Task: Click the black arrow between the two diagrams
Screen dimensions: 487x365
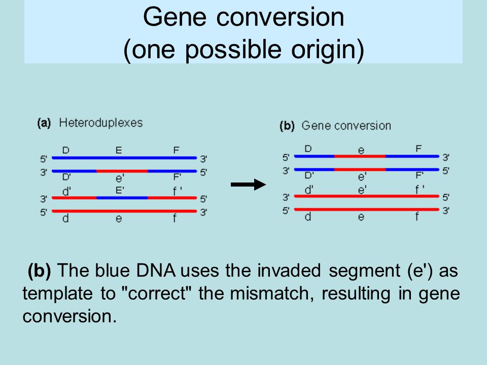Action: point(248,185)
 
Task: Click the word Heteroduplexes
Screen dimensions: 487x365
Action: point(100,123)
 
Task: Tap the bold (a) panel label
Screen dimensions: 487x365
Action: point(44,123)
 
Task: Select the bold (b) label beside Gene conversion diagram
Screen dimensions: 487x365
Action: point(287,126)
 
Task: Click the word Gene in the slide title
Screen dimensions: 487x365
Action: point(175,17)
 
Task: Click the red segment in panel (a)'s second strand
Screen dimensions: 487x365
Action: point(122,171)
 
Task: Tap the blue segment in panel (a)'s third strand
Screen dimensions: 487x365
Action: point(122,198)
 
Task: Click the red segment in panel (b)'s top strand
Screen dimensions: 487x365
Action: point(360,156)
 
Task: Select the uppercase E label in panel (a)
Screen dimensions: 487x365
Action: point(119,151)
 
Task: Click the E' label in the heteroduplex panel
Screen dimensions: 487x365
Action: point(120,190)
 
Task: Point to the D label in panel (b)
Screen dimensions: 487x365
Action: point(308,149)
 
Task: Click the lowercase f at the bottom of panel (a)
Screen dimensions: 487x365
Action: point(175,218)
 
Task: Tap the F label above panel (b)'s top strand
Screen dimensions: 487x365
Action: point(419,149)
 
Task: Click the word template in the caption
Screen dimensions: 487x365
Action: point(57,294)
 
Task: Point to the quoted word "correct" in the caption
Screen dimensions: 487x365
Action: point(157,293)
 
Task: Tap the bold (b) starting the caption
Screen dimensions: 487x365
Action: point(40,271)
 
